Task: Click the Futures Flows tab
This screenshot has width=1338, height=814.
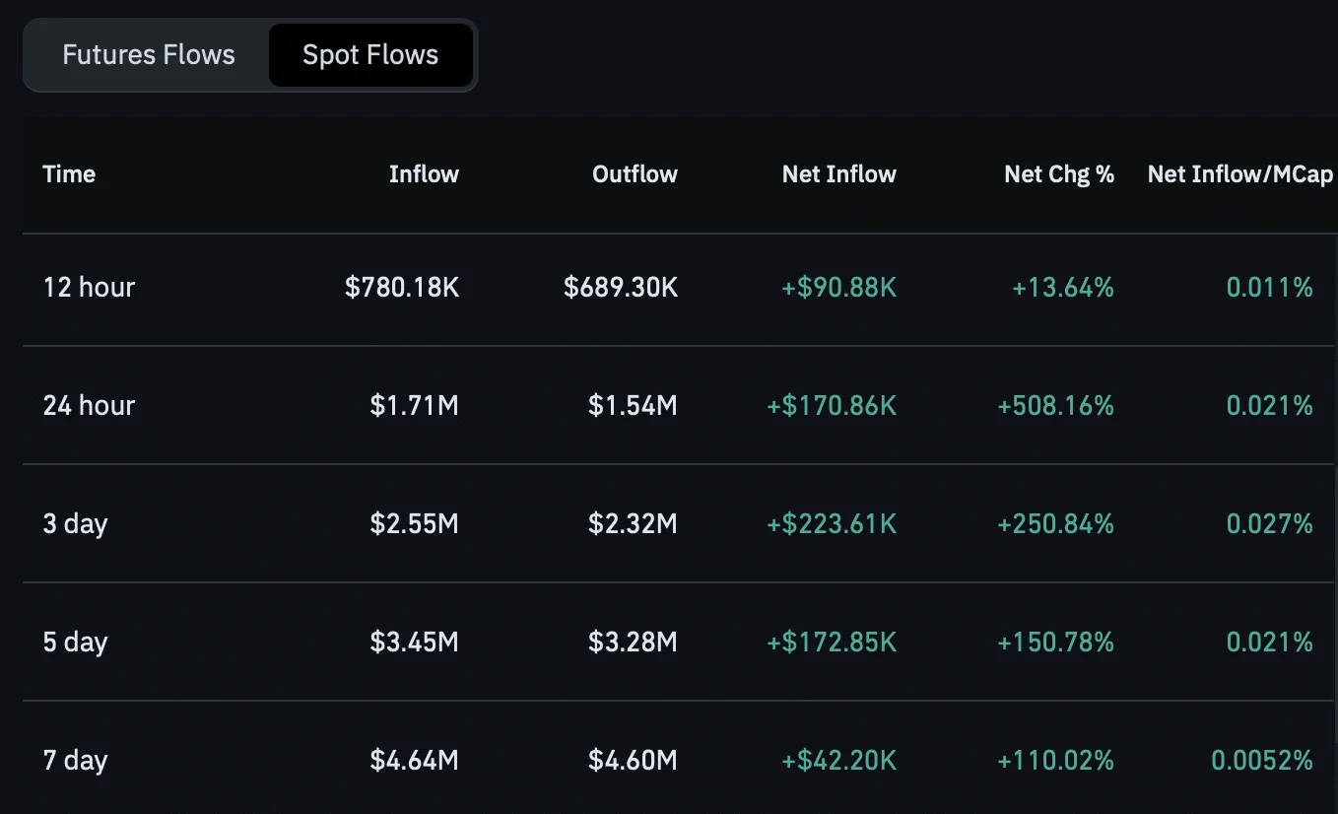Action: [149, 54]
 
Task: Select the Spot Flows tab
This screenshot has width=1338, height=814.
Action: [370, 55]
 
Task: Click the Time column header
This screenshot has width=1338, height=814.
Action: [69, 173]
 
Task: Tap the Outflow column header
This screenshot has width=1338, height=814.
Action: [635, 173]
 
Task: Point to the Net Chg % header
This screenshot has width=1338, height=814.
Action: [1059, 173]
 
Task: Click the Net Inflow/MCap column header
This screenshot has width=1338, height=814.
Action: [1240, 173]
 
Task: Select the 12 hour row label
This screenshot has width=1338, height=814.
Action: [89, 287]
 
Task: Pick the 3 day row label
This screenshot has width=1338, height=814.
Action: [75, 524]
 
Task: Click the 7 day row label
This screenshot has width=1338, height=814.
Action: [75, 761]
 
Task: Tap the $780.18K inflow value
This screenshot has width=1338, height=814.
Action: [402, 287]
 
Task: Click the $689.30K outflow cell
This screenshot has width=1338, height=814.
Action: [621, 287]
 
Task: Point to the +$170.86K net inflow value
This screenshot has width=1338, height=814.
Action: [832, 405]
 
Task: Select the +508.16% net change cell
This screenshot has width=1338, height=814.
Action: [1055, 405]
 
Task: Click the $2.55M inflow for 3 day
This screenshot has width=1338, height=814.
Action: [414, 523]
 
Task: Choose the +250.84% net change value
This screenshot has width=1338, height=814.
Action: [1055, 523]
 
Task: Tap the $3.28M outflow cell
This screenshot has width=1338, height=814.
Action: [633, 642]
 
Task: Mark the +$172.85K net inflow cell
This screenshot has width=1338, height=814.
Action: [832, 642]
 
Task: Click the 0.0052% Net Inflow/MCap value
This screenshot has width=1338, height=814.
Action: [1261, 760]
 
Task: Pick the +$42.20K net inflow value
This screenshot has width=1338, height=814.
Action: [838, 760]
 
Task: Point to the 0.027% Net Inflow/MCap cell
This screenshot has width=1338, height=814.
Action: [1269, 523]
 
